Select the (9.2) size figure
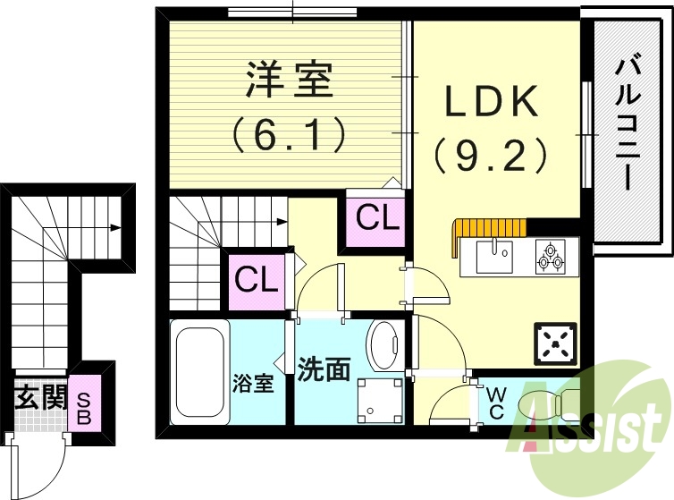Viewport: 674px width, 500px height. click(x=492, y=155)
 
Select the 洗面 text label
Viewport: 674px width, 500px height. click(x=323, y=370)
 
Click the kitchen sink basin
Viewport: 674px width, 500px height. click(x=491, y=258)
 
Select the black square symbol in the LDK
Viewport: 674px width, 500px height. click(x=557, y=342)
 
